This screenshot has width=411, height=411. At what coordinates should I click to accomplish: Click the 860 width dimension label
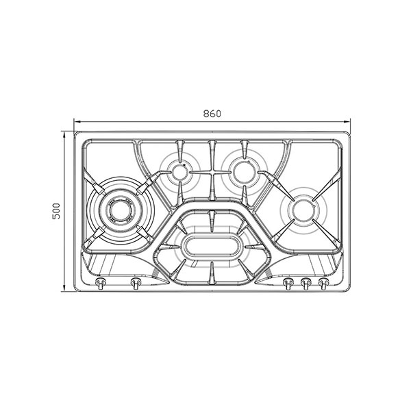(212, 114)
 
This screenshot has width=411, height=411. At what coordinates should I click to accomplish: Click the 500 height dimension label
(56, 211)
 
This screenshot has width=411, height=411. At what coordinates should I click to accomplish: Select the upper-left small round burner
(179, 172)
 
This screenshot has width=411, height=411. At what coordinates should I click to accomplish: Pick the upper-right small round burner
(245, 172)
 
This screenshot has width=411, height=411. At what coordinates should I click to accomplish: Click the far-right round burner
(303, 210)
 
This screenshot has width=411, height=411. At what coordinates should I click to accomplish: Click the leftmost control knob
(101, 283)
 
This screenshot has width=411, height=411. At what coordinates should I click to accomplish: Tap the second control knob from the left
(136, 283)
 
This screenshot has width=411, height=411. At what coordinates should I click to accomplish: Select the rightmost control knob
(323, 283)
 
